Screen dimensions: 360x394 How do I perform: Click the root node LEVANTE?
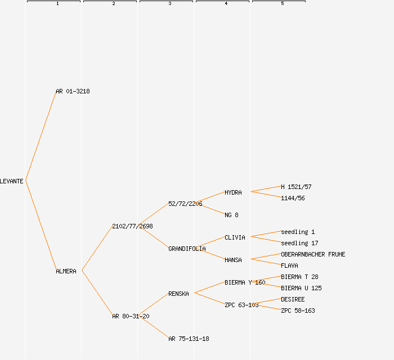(x=12, y=181)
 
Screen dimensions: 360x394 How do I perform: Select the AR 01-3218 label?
(x=73, y=91)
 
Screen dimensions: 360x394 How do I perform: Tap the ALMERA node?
(x=66, y=271)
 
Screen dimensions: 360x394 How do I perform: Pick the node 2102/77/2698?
(x=132, y=226)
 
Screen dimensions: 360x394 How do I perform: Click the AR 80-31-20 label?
(x=131, y=316)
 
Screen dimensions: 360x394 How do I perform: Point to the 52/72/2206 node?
(x=185, y=204)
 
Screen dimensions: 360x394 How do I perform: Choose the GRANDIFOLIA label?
(x=187, y=249)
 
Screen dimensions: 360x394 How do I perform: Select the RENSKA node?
(x=178, y=294)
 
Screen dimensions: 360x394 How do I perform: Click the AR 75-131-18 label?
(x=189, y=339)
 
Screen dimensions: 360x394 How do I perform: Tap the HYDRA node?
(x=233, y=192)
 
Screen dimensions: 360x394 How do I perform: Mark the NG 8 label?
(x=231, y=215)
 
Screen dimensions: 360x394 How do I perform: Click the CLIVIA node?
(x=235, y=237)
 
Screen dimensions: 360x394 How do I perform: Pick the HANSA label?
(x=233, y=260)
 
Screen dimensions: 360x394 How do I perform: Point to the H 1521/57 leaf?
(x=296, y=187)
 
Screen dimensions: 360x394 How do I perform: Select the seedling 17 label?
(x=299, y=243)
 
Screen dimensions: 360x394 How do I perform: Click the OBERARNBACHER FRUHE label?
(x=313, y=254)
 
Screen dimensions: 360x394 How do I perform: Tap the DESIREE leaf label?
(x=293, y=299)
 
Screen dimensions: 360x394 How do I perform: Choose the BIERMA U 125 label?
(x=301, y=288)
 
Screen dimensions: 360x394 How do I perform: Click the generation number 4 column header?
(x=226, y=4)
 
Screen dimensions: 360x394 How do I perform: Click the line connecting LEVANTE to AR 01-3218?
(x=41, y=136)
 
